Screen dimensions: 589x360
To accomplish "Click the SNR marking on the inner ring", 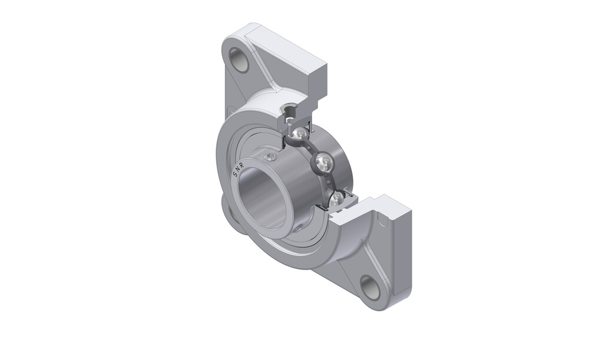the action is (239, 170).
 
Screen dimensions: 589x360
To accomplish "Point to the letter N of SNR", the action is (238, 170).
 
